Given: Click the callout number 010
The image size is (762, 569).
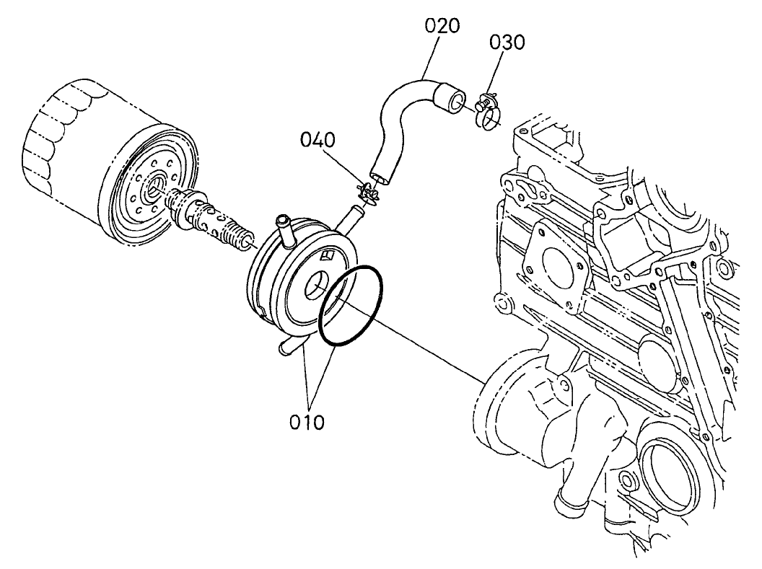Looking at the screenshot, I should [x=307, y=421].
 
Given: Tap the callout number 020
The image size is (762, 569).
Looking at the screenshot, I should [x=442, y=27].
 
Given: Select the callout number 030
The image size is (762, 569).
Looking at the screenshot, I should [x=507, y=42].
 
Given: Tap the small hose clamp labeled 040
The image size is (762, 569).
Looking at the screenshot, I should [x=369, y=193].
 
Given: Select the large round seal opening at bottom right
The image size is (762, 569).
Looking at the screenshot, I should [x=667, y=475].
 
